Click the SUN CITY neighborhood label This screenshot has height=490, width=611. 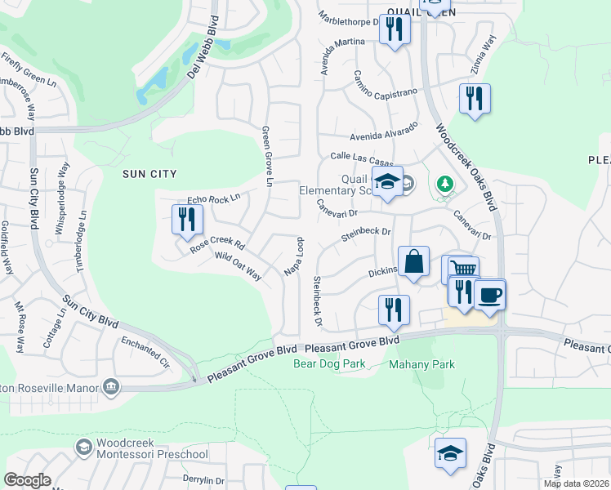click(149, 174)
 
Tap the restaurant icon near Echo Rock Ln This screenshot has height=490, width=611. click(187, 219)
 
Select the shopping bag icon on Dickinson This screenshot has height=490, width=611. click(414, 262)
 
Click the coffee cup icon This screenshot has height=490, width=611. click(490, 294)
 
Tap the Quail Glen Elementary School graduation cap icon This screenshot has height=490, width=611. click(388, 182)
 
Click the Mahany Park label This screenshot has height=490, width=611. click(421, 364)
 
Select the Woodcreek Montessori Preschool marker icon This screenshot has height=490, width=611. click(83, 447)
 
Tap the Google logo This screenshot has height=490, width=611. click(27, 480)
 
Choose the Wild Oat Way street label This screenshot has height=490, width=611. click(238, 266)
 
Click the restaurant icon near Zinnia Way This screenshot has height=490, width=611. click(475, 99)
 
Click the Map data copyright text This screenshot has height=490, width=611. click(576, 483)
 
